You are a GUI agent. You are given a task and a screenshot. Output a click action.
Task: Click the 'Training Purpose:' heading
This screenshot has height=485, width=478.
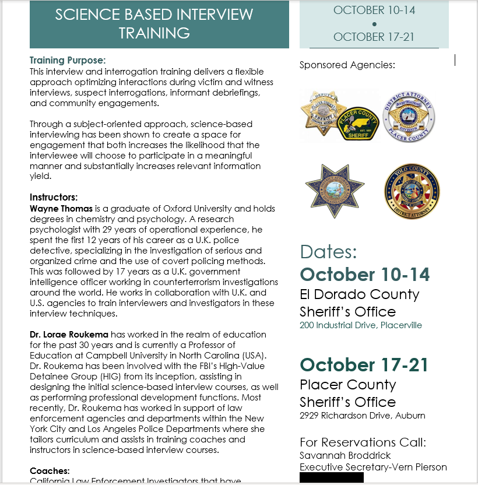(x=68, y=60)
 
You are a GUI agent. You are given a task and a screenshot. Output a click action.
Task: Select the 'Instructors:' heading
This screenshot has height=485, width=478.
(x=54, y=198)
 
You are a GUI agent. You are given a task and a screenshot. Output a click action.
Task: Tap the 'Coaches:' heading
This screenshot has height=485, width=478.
(x=50, y=470)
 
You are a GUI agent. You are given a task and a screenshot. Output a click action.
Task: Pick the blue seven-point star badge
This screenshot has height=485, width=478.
(x=335, y=191)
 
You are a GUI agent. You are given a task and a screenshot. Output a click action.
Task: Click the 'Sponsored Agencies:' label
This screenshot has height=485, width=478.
(x=347, y=65)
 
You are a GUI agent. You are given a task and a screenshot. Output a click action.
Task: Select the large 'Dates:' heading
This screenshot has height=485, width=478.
(x=328, y=252)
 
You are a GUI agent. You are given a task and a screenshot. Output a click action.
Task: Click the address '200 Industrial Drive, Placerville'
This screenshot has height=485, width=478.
(x=361, y=325)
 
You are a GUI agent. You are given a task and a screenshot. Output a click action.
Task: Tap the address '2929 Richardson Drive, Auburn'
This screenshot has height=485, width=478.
(x=362, y=416)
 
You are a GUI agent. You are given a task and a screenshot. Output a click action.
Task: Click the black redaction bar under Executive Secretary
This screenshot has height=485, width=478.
(x=331, y=478)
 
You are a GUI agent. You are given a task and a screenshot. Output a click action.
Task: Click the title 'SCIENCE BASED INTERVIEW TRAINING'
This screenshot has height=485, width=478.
(x=154, y=23)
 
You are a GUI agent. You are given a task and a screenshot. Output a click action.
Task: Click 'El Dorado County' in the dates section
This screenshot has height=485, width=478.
(x=359, y=294)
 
